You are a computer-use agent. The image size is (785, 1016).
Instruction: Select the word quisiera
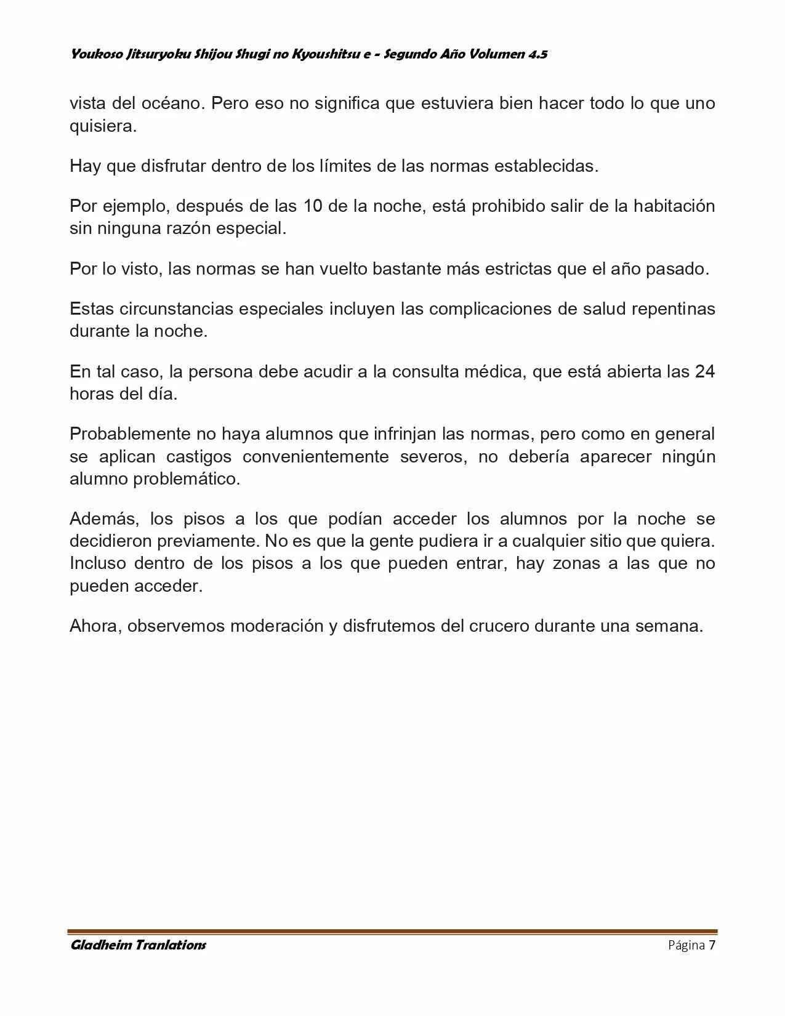102,126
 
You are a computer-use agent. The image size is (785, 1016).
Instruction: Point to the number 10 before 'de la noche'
313,206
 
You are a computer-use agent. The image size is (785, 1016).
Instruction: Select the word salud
598,308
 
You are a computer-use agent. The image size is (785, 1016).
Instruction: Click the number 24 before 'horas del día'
704,372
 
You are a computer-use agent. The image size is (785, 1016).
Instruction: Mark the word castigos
199,457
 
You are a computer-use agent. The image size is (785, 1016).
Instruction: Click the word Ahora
96,626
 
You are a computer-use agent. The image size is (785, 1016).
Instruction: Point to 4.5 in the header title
537,54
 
